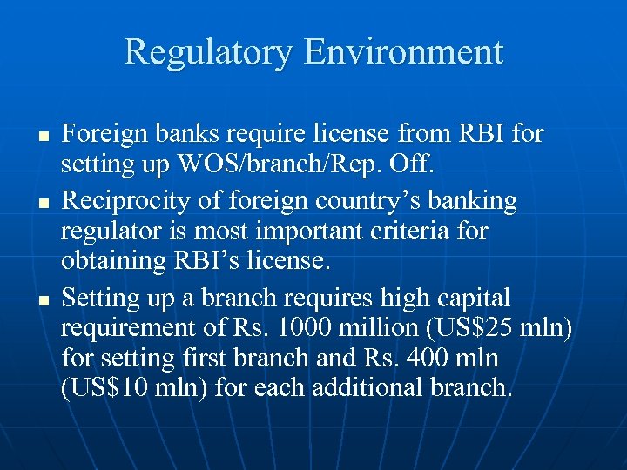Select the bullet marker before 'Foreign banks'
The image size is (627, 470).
click(x=41, y=137)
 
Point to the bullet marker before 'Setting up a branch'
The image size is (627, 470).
click(x=41, y=300)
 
